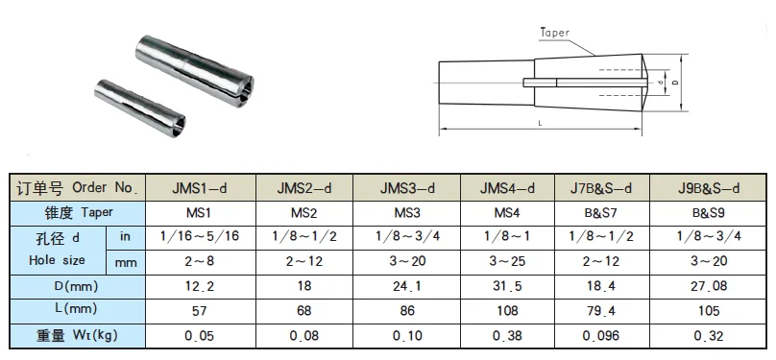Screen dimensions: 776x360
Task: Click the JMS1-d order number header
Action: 200,188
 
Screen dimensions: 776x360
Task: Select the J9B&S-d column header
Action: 709,188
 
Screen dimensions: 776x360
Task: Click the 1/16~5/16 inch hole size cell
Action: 200,236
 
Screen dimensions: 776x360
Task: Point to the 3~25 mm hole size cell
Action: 507,260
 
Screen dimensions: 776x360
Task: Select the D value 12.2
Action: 200,286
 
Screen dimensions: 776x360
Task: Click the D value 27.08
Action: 709,286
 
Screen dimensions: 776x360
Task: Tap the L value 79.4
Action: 600,310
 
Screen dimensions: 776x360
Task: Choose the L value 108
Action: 507,310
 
